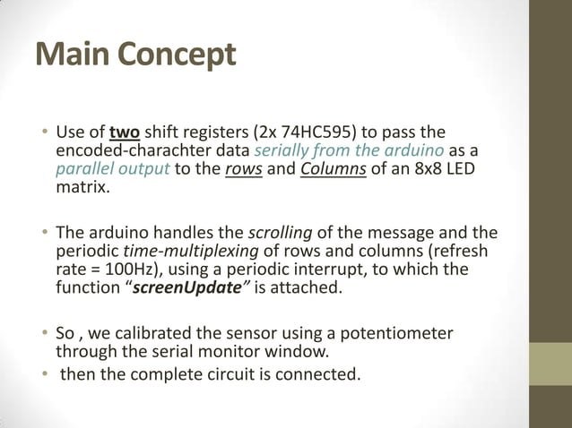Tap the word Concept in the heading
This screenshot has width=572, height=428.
pos(176,56)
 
